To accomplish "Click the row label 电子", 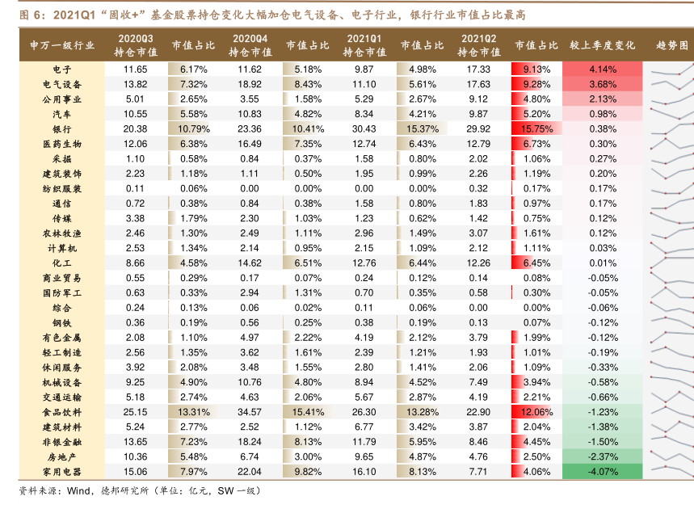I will click(x=61, y=69).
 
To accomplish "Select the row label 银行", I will click(x=61, y=128).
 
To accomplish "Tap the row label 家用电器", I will click(x=61, y=470).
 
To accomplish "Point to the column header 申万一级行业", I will click(x=61, y=44).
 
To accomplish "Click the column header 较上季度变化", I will click(x=603, y=44).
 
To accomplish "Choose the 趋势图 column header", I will click(x=671, y=44).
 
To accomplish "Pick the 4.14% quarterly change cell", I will click(x=603, y=69).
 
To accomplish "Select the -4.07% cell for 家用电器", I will click(x=603, y=470).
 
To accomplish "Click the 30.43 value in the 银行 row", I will click(x=364, y=128).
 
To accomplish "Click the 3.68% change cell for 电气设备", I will click(x=603, y=84).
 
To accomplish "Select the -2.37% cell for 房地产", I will click(x=603, y=456).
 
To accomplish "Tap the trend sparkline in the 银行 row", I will click(x=670, y=128).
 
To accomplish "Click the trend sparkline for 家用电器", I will click(x=670, y=470).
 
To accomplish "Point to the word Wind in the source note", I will click(x=78, y=490).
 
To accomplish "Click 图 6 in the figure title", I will click(x=31, y=15).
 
